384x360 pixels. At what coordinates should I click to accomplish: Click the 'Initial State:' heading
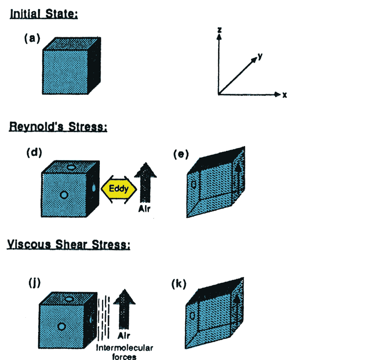tap(43, 15)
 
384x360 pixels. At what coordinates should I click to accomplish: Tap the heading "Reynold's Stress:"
tap(58, 127)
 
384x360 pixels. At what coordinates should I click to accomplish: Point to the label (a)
tap(32, 38)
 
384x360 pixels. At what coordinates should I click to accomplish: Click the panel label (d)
tap(34, 152)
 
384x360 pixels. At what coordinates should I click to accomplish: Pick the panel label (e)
tap(181, 154)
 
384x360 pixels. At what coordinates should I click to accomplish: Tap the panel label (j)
tap(34, 283)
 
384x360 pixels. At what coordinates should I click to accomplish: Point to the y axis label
tap(259, 57)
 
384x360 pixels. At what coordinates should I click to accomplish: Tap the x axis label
tap(285, 95)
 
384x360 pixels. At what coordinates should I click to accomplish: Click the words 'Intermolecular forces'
tap(124, 352)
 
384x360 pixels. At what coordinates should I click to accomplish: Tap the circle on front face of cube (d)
tap(64, 194)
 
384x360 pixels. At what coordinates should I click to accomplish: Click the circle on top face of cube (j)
tap(69, 299)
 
